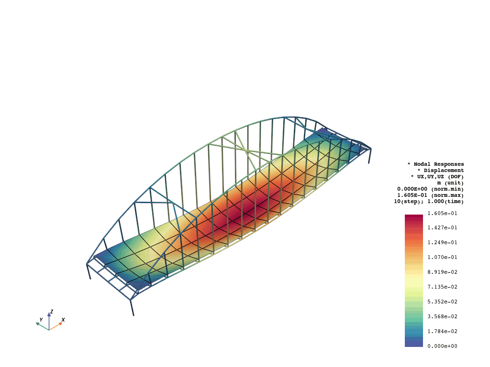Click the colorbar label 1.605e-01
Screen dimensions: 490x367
pos(442,214)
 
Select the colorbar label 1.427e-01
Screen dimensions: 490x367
pos(442,228)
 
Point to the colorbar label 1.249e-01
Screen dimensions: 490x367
pos(442,242)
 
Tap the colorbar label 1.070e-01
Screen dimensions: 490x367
pos(442,258)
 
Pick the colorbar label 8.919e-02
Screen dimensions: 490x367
pos(442,272)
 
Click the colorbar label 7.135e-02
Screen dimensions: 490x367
pos(442,287)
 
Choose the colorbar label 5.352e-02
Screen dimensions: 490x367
pos(442,302)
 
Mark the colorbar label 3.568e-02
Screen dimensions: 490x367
pos(442,316)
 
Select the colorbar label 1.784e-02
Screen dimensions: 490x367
pos(442,332)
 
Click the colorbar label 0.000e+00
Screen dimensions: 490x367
pos(442,346)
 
